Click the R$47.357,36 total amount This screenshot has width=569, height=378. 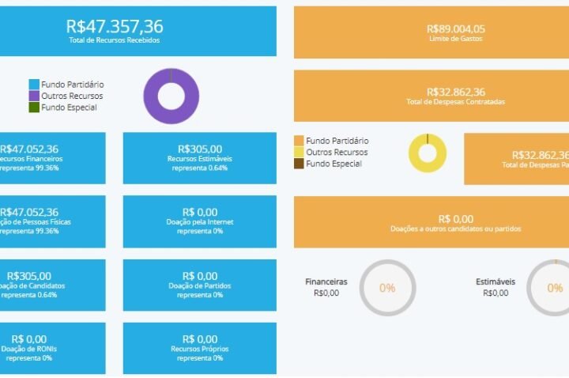point(115,26)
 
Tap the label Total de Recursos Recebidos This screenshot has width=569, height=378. point(115,40)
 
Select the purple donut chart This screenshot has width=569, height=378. point(171,96)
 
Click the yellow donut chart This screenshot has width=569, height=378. point(428,153)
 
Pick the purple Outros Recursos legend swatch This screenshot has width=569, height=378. point(34,96)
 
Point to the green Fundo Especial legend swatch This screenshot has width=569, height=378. point(34,108)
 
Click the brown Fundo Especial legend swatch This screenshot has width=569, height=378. point(299,164)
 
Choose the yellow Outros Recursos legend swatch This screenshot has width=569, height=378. point(299,152)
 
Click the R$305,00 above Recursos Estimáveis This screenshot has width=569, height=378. point(200,148)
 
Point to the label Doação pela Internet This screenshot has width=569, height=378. point(200,222)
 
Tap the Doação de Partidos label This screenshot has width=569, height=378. point(200,285)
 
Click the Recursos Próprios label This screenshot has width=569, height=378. point(200,349)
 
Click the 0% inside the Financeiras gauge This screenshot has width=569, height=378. point(387,288)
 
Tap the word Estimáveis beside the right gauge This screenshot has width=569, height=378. point(496,281)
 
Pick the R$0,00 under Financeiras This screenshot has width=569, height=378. point(326,293)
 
